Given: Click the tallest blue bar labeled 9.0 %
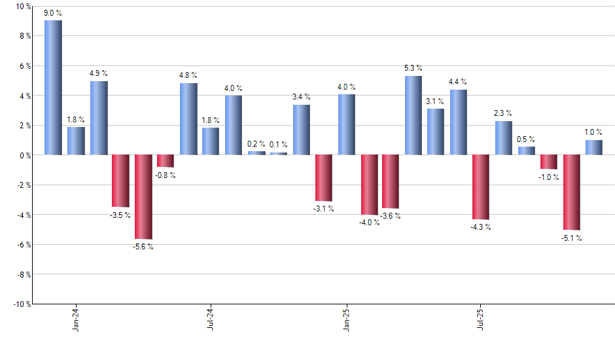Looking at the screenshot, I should coord(53,88).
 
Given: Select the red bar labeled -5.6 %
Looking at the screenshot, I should coord(143,196).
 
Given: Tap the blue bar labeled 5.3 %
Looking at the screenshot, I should coord(413,115).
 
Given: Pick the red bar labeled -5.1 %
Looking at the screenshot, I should coord(572,192).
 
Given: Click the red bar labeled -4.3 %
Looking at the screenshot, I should coord(481,187).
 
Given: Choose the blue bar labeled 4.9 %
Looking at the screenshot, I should coord(99,118).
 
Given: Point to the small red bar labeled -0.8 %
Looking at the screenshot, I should coord(166,161).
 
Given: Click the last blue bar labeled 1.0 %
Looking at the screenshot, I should coord(594,147).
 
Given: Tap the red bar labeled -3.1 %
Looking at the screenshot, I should coord(324,178).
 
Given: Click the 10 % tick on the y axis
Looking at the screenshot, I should coord(22,7).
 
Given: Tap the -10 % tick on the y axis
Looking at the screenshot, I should coord(21,304).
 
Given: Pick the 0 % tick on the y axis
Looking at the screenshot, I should coord(24,155).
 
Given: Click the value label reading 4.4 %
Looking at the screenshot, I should coord(458,82).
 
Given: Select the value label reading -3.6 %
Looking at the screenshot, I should coord(391,216).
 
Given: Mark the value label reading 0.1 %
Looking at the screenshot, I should coord(279,145).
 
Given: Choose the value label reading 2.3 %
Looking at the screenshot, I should coord(503,113).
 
